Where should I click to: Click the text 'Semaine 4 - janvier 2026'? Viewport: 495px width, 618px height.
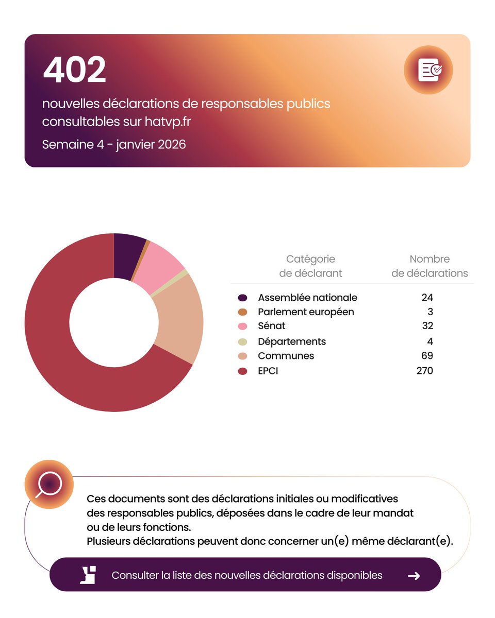pos(114,144)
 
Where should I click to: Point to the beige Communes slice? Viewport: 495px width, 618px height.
pos(178,319)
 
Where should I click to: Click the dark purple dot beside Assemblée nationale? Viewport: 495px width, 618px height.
pos(243,298)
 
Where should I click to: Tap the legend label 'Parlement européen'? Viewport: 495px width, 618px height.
pos(306,312)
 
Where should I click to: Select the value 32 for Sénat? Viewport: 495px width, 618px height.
pos(426,326)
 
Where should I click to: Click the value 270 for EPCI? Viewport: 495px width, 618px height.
pos(424,371)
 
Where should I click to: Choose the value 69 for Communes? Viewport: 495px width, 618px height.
pos(426,356)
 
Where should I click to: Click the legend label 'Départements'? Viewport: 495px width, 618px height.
pos(292,341)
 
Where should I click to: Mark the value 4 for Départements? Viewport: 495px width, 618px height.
pos(430,341)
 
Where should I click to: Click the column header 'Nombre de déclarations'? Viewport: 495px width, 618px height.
pos(430,266)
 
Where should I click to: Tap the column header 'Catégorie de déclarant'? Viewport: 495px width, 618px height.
pos(310,266)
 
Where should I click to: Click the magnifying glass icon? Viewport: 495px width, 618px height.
pos(49,485)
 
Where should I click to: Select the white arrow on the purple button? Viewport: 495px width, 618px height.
pos(414,576)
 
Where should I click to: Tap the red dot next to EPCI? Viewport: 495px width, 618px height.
pos(243,371)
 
